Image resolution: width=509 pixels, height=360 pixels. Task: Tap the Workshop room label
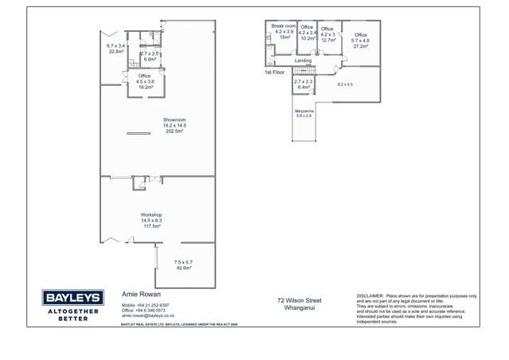pyautogui.click(x=151, y=215)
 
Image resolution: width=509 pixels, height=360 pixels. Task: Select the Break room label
pyautogui.click(x=283, y=26)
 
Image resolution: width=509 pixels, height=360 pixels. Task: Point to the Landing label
pyautogui.click(x=303, y=61)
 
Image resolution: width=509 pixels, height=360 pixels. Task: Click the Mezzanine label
pyautogui.click(x=304, y=111)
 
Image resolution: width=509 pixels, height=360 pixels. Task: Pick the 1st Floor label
pyautogui.click(x=274, y=72)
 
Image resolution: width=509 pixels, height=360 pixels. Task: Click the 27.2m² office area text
pyautogui.click(x=361, y=46)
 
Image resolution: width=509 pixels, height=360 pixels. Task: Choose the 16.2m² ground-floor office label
pyautogui.click(x=144, y=86)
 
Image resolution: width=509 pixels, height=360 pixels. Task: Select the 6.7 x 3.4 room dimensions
pyautogui.click(x=116, y=46)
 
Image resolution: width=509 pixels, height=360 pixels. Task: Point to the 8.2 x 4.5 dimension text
pyautogui.click(x=345, y=84)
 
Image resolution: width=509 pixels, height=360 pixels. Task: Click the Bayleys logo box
pyautogui.click(x=72, y=298)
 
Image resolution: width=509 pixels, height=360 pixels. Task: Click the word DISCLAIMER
pyautogui.click(x=370, y=295)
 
